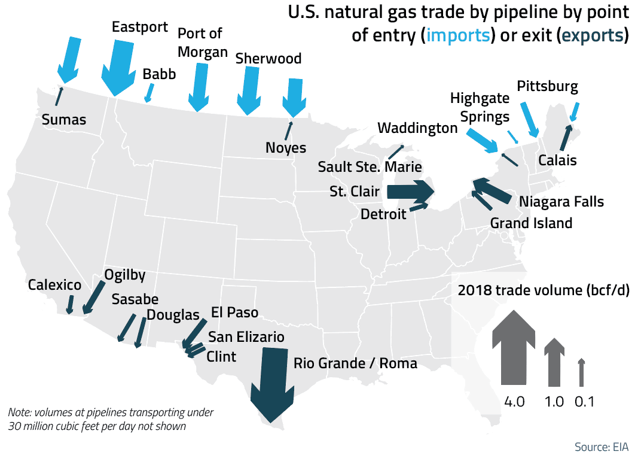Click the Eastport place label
tap(141, 28)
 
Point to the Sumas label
tap(64, 120)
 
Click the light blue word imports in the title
tap(457, 35)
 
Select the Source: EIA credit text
tap(601, 447)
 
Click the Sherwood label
tap(268, 59)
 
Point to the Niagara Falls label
tap(561, 201)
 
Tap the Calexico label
tap(54, 285)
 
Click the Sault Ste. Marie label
tap(370, 167)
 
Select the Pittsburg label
tap(548, 86)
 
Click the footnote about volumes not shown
tap(111, 420)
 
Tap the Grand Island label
tap(531, 223)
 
